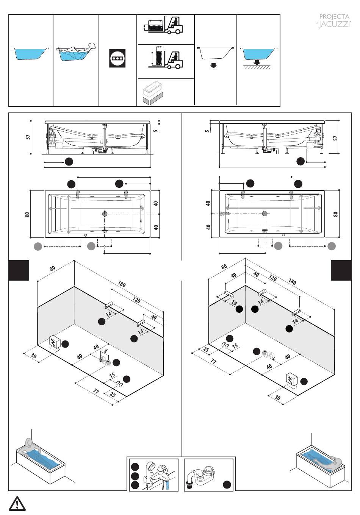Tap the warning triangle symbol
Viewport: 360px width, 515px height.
point(17,504)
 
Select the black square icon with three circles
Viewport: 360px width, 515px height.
point(117,58)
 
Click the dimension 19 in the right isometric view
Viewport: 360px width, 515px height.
point(234,303)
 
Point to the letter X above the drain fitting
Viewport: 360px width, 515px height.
point(106,351)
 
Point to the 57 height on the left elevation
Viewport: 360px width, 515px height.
point(28,137)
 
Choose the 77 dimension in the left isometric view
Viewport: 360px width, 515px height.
point(96,391)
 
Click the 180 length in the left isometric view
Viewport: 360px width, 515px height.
point(122,284)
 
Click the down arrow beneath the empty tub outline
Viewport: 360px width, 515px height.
point(214,66)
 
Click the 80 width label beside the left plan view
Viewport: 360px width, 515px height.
point(27,214)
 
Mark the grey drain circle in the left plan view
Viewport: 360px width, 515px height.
point(105,214)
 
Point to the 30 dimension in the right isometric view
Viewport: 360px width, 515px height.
point(277,397)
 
